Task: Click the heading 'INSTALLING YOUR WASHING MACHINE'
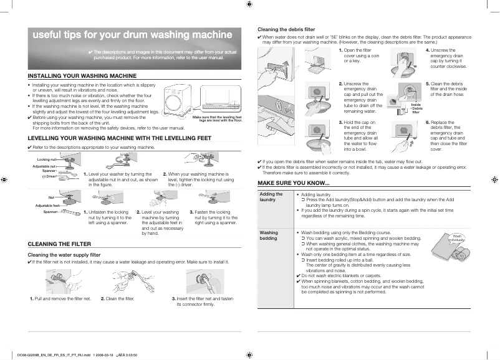click(82, 75)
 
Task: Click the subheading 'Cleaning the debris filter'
click(286, 29)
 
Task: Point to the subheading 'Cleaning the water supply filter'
click(65, 255)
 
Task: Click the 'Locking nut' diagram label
click(47, 160)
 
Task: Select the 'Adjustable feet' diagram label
click(48, 205)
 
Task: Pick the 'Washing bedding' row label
click(269, 235)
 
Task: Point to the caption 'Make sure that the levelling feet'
click(217, 117)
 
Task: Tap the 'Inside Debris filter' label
click(416, 108)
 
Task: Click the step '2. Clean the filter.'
click(118, 299)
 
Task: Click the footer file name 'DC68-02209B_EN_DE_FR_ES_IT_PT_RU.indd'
click(54, 355)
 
